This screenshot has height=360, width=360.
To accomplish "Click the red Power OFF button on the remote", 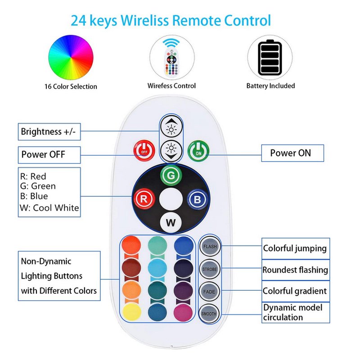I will coord(144,151).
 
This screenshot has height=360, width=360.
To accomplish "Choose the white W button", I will coord(171,222).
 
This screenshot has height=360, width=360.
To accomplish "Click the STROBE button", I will coord(210,269).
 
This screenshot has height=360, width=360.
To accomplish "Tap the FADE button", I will coord(210,291).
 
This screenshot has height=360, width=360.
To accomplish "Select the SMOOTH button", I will coord(210,312).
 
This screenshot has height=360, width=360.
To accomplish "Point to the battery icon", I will coord(270,58).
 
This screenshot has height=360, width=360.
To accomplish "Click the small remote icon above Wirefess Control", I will coord(171,58).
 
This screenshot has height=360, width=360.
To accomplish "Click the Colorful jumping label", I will coord(295,248).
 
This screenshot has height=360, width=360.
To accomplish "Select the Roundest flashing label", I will coord(295,270).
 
